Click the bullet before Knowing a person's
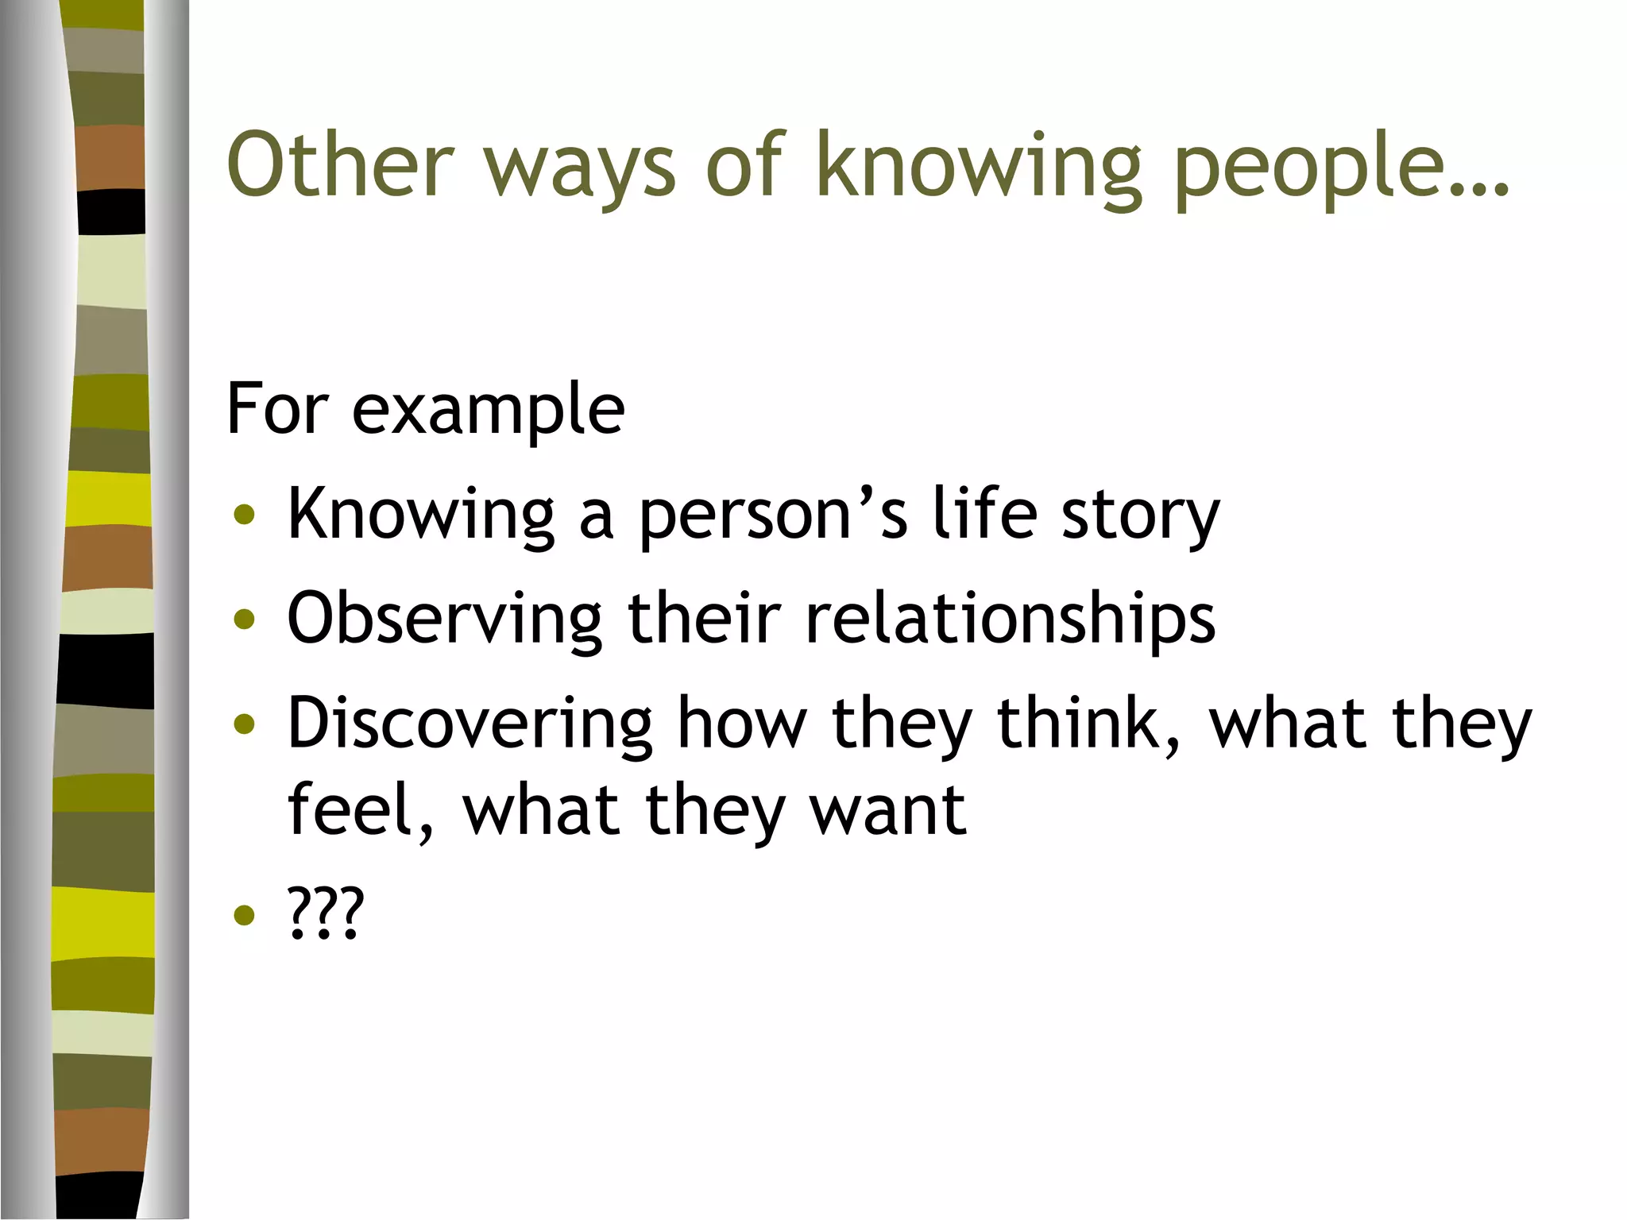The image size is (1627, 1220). (x=245, y=515)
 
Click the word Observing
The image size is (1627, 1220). (x=444, y=620)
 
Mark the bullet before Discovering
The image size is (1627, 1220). (x=245, y=724)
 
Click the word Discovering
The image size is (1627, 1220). (x=469, y=724)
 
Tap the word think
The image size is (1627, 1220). (x=1088, y=724)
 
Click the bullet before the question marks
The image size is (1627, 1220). (x=245, y=915)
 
